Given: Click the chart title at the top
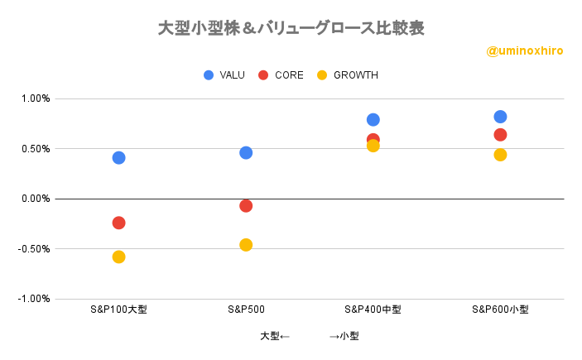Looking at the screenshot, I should [x=291, y=27].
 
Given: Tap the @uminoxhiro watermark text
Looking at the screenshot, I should [x=525, y=51].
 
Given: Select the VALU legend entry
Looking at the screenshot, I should [x=224, y=75].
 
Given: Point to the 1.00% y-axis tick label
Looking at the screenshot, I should [x=36, y=98].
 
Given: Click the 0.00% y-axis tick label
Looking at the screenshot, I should [x=36, y=199].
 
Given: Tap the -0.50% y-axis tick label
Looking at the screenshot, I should [x=34, y=248].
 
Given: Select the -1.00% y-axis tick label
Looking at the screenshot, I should [x=34, y=299].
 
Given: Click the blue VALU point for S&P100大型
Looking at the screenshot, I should [x=118, y=157].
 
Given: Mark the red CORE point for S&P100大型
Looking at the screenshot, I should [x=118, y=223].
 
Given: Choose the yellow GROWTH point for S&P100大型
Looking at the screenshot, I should [x=118, y=257].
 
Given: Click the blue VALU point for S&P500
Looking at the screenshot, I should [x=246, y=152].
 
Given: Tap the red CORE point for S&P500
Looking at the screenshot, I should [x=246, y=205].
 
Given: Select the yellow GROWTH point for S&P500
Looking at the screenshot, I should [x=246, y=245].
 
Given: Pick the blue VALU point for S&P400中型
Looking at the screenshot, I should [x=373, y=119].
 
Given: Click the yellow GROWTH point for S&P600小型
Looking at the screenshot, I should [x=500, y=155].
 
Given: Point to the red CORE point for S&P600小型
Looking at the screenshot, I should [x=500, y=135].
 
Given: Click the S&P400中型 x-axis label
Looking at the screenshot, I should [x=373, y=310].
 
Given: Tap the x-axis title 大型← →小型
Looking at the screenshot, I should [x=309, y=336].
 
